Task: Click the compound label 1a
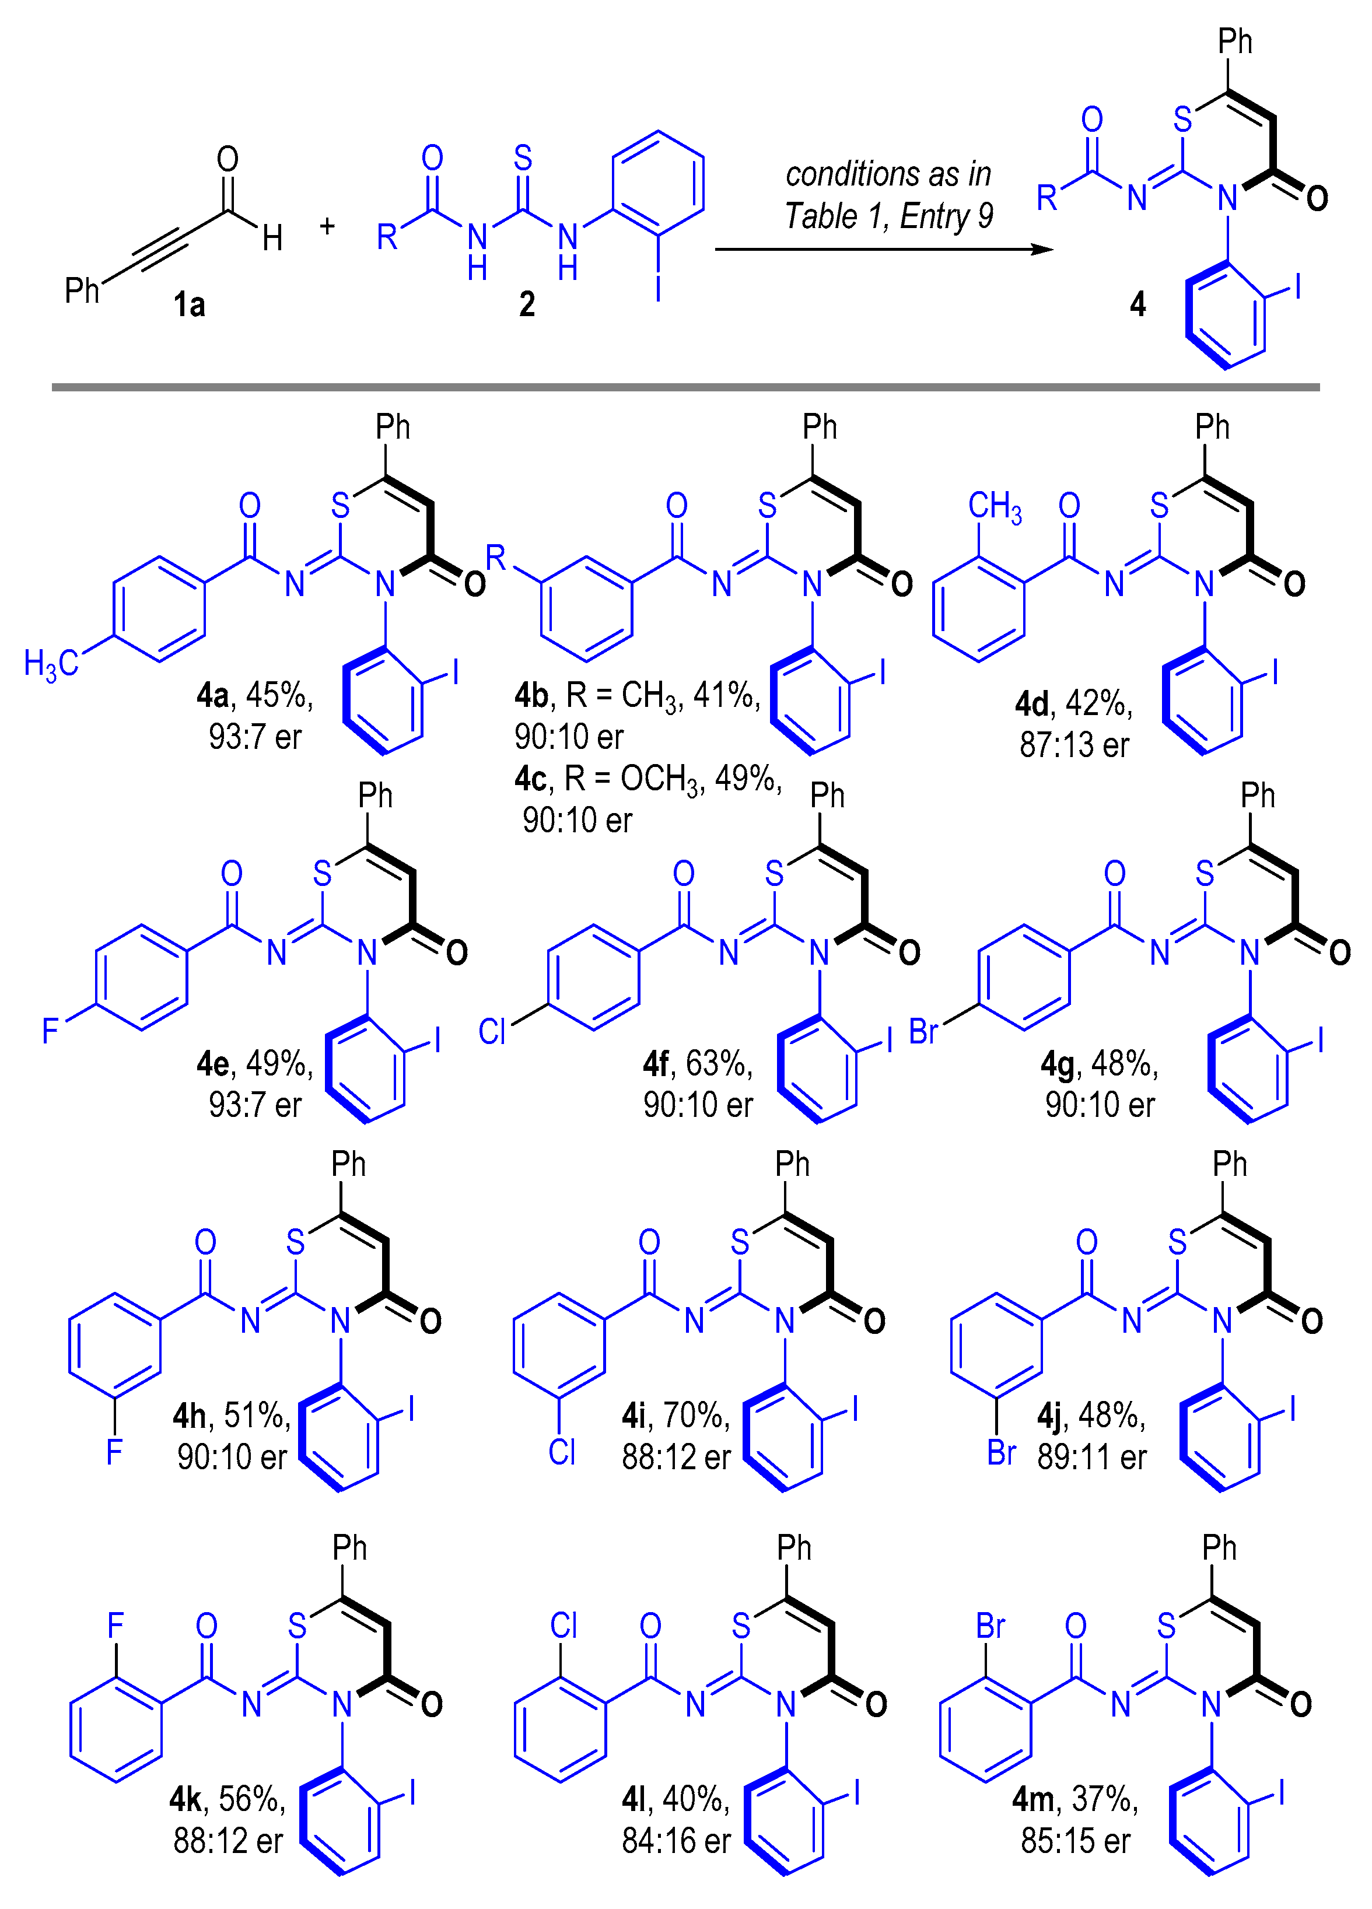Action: point(190,304)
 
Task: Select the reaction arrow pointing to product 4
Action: point(883,249)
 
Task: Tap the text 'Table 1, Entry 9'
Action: point(888,216)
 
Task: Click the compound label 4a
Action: point(212,695)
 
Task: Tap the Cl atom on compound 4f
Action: point(492,1031)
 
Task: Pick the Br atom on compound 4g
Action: point(923,1031)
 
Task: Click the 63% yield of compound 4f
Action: point(719,1064)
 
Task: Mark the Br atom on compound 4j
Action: point(1002,1453)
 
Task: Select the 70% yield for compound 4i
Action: point(696,1416)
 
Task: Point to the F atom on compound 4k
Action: point(116,1626)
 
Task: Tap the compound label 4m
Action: point(1032,1799)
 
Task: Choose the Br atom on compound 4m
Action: point(991,1626)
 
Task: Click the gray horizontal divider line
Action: point(685,387)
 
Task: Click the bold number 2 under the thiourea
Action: point(527,304)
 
